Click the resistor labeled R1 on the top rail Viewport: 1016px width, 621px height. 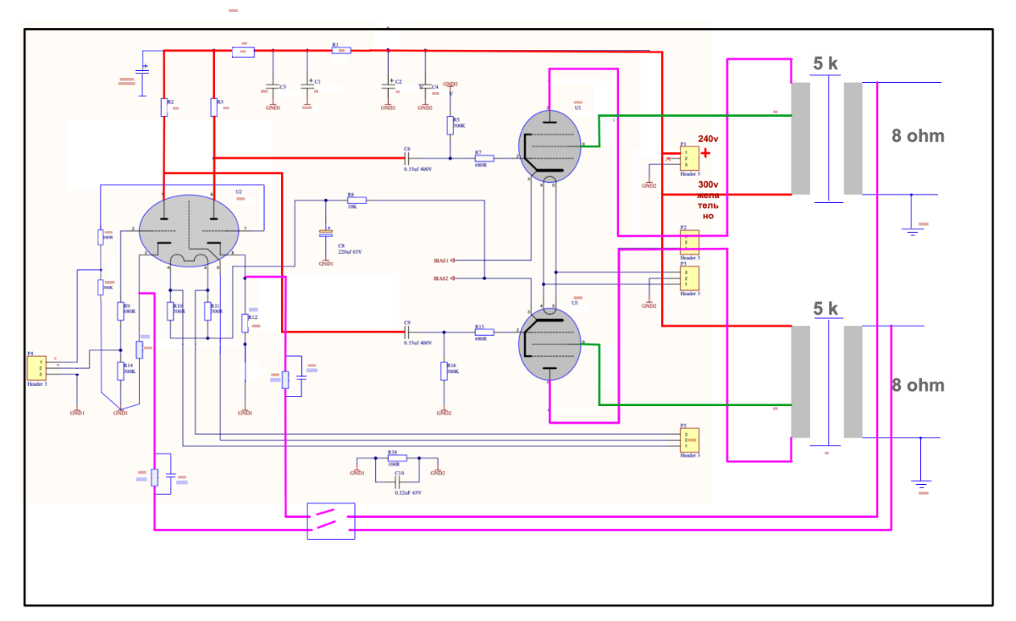pyautogui.click(x=341, y=51)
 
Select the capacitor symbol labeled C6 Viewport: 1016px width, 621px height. pyautogui.click(x=407, y=157)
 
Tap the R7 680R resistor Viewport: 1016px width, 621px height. pyautogui.click(x=484, y=157)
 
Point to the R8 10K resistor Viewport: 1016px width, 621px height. pyautogui.click(x=356, y=201)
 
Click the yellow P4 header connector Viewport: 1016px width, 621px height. pyautogui.click(x=37, y=368)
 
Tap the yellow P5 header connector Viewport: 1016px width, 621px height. pyautogui.click(x=689, y=440)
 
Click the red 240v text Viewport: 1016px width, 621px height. pyautogui.click(x=708, y=138)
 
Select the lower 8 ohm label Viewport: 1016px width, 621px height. pyautogui.click(x=917, y=386)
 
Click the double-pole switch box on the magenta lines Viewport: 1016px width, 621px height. pyautogui.click(x=331, y=520)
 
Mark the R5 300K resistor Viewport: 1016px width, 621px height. pyautogui.click(x=450, y=125)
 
